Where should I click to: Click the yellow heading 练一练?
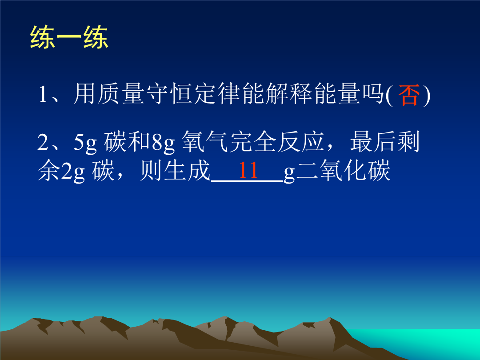point(69,37)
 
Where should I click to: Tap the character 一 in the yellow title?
point(69,37)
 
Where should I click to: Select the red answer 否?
point(408,95)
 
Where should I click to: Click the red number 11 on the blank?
point(248,170)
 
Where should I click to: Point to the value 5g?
point(85,142)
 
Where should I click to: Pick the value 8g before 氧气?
point(163,142)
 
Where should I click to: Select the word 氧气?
point(205,142)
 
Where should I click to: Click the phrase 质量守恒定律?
point(169,94)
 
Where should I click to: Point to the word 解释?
point(289,94)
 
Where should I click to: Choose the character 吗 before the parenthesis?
point(372,94)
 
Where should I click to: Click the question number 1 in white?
point(43,94)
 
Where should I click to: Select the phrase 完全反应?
point(277,142)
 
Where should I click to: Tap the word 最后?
point(373,142)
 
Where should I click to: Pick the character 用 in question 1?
point(85,94)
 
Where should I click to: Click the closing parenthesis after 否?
point(427,95)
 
